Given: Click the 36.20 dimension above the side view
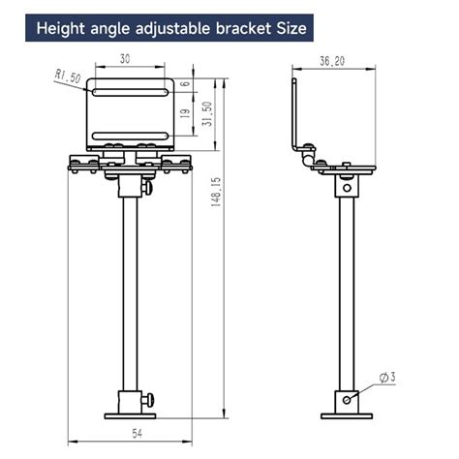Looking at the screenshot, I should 332,62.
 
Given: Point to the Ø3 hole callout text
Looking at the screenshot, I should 386,377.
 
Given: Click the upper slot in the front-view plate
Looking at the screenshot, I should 130,91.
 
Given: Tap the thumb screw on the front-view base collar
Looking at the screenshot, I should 148,398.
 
